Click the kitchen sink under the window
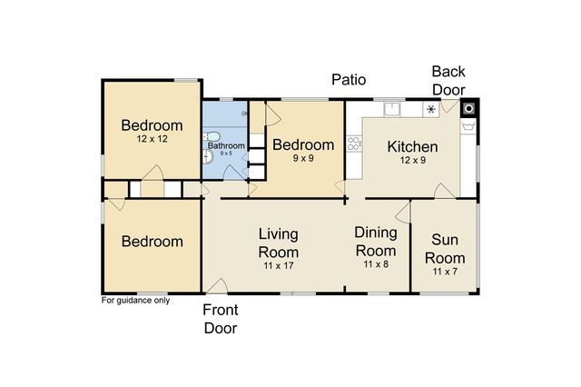[392, 109]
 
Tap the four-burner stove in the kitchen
[354, 144]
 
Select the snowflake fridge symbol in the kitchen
[431, 109]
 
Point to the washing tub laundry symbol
[468, 126]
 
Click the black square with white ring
[469, 109]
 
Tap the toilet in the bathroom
[212, 136]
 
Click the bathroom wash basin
[208, 157]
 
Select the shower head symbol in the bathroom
[244, 113]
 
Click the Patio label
[349, 80]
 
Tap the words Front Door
[221, 319]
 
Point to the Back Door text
[448, 81]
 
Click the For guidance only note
[135, 301]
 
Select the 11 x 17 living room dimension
[279, 265]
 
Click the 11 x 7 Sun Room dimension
[445, 272]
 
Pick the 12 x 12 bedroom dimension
[152, 139]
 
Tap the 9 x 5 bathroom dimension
[226, 154]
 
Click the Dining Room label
[376, 242]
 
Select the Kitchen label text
[412, 147]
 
